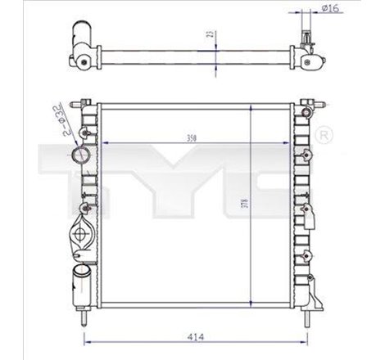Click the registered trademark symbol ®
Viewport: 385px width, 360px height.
pos(324,133)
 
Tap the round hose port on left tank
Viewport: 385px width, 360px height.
pos(79,155)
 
